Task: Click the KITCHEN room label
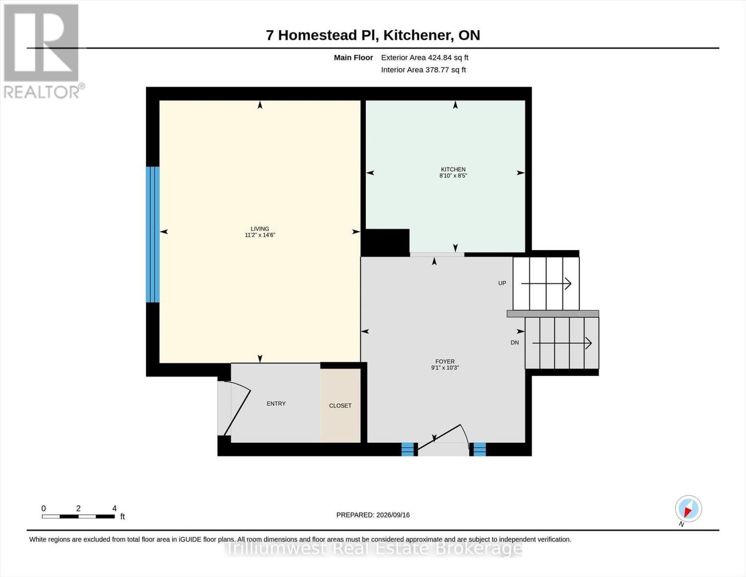[453, 169]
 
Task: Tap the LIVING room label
[260, 229]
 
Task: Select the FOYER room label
[445, 362]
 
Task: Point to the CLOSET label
[340, 405]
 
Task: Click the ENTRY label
[276, 403]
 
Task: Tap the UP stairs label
[502, 283]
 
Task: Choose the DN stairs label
[514, 343]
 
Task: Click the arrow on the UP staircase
[546, 284]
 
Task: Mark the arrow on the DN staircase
[562, 343]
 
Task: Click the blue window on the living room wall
[153, 234]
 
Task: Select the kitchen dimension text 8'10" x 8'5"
[453, 176]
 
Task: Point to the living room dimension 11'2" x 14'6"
[260, 235]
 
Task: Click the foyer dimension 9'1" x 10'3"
[445, 368]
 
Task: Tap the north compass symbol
[688, 509]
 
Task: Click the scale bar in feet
[78, 516]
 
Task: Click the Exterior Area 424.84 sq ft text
[425, 57]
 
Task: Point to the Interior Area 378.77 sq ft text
[423, 70]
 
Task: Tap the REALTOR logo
[43, 51]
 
